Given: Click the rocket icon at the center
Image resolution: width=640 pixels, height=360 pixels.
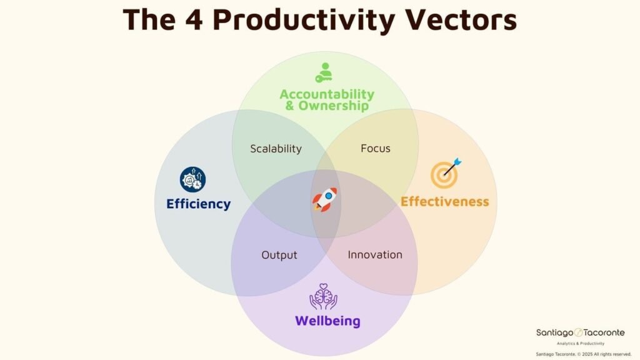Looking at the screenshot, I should coord(325,200).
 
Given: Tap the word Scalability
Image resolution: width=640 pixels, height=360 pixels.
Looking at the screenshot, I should coord(276,149).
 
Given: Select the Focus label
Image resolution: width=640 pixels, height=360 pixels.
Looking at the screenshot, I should coord(376,148).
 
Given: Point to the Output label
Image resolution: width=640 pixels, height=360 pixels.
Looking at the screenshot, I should coord(279,255).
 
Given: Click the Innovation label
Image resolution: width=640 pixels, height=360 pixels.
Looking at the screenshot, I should coord(375,255).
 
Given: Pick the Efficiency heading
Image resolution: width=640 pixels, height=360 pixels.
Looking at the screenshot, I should coord(198,204).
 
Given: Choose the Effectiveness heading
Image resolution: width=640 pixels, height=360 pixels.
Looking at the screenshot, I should coord(444,201).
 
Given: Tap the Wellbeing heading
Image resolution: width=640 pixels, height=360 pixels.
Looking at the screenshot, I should coord(327,321).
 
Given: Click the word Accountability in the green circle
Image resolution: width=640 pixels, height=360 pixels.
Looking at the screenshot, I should coord(327,94).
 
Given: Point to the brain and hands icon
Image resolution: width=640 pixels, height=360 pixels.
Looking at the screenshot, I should coord(323,297).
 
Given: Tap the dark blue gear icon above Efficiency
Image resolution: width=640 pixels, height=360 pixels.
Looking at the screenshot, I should coord(192,179).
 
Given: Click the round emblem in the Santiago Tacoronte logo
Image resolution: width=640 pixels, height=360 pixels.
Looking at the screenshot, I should coord(579,332).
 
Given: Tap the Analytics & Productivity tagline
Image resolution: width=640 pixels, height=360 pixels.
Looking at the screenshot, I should coord(580,343).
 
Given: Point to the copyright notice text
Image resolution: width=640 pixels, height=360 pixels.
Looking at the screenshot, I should coord(580,354).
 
